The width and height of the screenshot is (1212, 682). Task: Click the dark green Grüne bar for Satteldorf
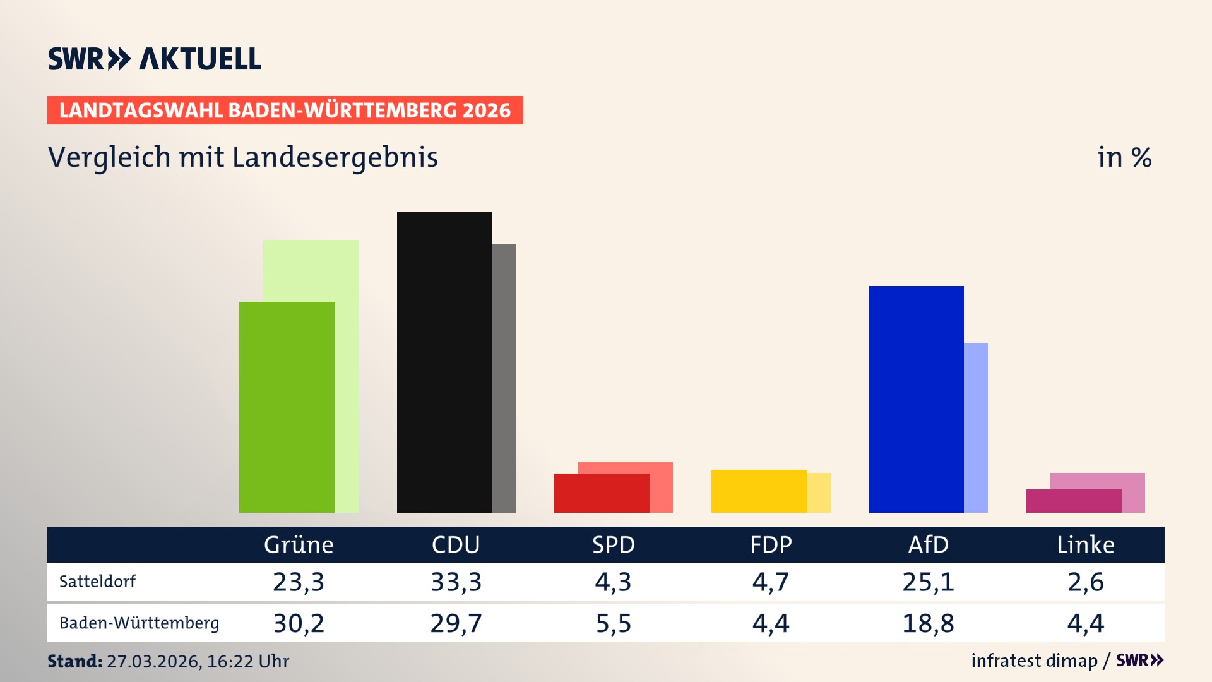(287, 407)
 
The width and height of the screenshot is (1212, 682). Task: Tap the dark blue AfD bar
(916, 398)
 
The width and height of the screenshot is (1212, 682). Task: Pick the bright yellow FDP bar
(758, 491)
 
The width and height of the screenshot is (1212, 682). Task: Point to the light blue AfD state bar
(976, 427)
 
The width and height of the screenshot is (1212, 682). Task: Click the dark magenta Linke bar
(1073, 501)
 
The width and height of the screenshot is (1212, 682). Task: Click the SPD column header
(613, 545)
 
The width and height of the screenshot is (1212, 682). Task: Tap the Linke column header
(1085, 545)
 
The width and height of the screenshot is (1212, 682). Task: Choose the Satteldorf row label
(98, 582)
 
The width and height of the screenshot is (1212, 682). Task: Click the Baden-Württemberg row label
(139, 623)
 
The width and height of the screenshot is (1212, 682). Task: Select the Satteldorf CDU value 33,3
(456, 582)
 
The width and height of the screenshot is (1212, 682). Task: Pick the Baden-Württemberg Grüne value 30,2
(299, 623)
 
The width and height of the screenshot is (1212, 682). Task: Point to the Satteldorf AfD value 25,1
(928, 582)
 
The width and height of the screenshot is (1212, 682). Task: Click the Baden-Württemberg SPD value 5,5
(613, 623)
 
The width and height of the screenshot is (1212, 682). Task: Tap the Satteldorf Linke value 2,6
(1085, 582)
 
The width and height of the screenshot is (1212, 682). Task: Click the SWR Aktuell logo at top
(155, 59)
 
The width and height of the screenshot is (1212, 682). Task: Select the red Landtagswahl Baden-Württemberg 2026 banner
(285, 111)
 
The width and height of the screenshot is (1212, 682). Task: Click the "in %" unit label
(1124, 157)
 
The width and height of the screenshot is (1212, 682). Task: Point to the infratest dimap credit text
(1034, 661)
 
